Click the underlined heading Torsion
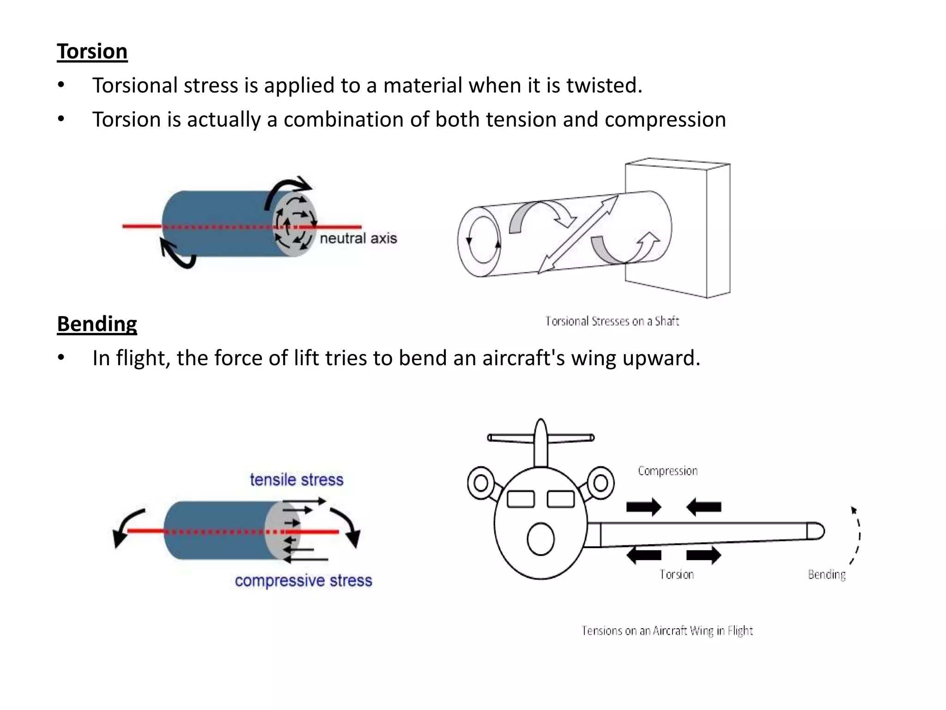pos(92,51)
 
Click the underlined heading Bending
pos(97,324)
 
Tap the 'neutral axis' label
pos(358,239)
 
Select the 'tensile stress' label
pos(297,480)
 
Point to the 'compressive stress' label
pos(303,581)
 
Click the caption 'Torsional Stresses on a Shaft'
pos(612,321)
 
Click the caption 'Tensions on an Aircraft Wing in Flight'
pos(667,631)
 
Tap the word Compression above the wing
pos(667,471)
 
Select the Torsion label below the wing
pos(676,575)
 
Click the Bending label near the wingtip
pos(826,575)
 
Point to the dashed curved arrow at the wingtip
pos(858,536)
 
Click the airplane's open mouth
pos(540,539)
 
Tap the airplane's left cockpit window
pos(521,499)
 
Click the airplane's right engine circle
pos(600,484)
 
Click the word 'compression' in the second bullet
pos(665,120)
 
